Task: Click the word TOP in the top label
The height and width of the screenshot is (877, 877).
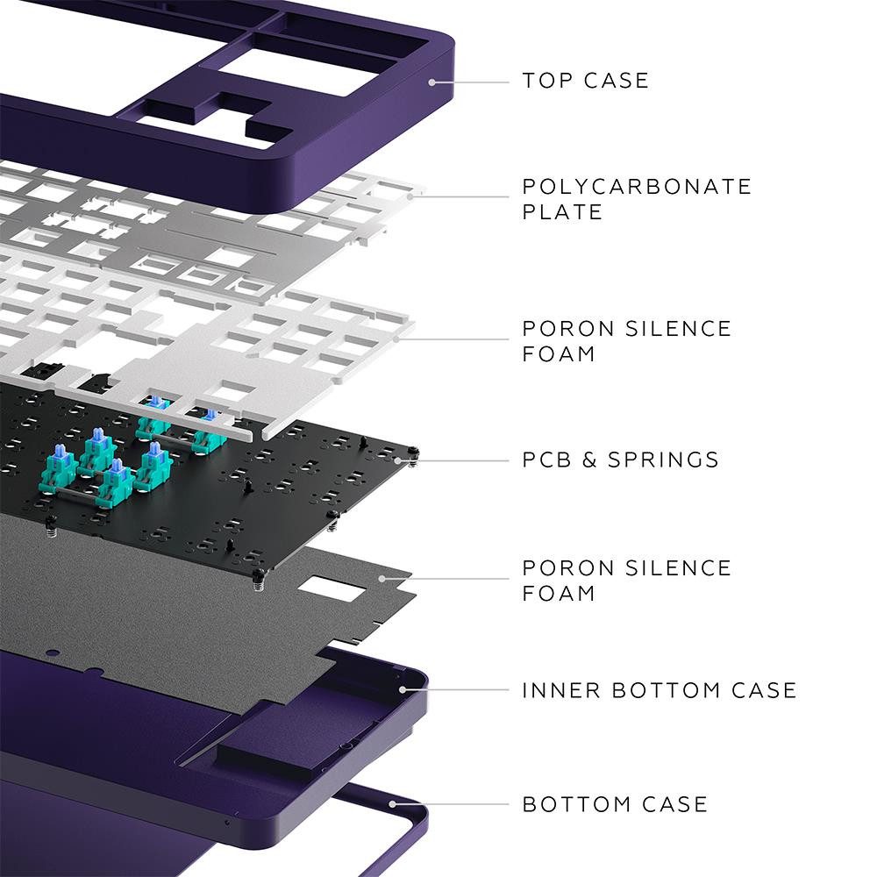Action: pyautogui.click(x=545, y=81)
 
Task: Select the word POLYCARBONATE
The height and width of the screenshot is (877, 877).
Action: pyautogui.click(x=637, y=187)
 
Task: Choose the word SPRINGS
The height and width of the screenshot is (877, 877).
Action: pyautogui.click(x=664, y=460)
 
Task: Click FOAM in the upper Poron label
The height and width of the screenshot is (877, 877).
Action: pyautogui.click(x=559, y=354)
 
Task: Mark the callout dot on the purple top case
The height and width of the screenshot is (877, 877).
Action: pyautogui.click(x=431, y=82)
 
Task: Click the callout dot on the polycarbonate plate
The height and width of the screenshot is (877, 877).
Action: pyautogui.click(x=409, y=195)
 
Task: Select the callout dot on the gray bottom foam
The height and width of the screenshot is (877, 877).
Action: pyautogui.click(x=381, y=578)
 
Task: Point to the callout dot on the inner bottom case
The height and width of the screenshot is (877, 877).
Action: pyautogui.click(x=403, y=689)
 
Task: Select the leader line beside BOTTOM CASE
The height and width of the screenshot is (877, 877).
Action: pyautogui.click(x=452, y=803)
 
